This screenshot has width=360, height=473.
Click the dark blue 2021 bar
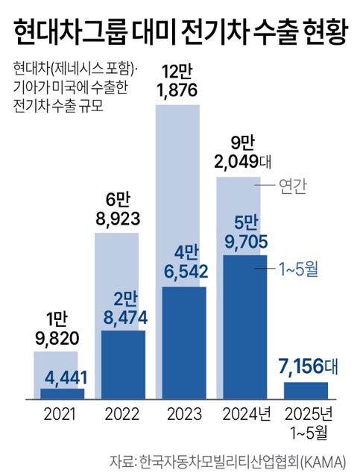coord(63,393)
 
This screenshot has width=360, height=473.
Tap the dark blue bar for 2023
coord(184,343)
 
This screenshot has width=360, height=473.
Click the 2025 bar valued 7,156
coord(306,390)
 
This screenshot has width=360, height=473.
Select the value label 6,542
coord(184,273)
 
